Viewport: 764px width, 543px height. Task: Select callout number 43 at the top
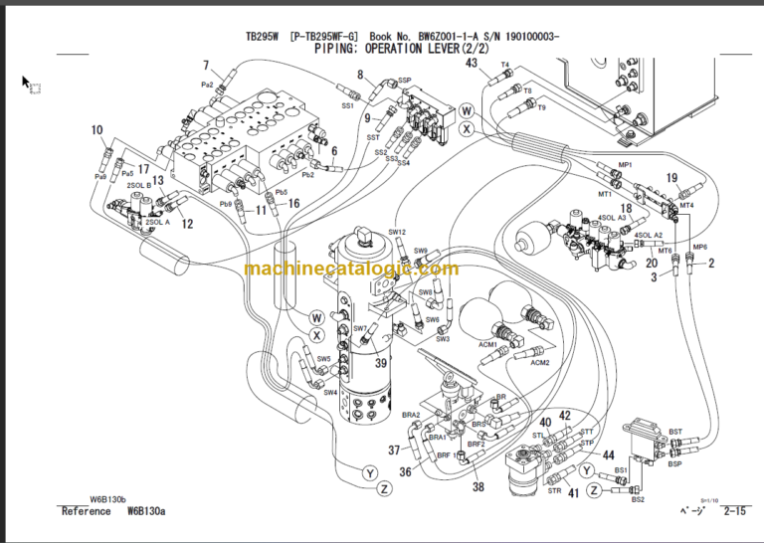point(472,64)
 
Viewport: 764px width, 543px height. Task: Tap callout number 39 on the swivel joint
point(380,363)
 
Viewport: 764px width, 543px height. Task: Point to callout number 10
point(96,129)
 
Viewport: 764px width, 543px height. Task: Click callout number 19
point(671,178)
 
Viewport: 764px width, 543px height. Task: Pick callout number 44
point(608,455)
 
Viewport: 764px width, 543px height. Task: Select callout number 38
point(478,487)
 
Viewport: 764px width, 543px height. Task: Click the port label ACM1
point(487,344)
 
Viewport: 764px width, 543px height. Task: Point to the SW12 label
point(397,232)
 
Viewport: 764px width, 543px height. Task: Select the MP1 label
point(625,164)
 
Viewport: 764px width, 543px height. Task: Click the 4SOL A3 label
point(611,217)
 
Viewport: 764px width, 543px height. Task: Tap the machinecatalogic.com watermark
point(351,269)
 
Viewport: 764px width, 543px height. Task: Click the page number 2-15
point(736,512)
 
